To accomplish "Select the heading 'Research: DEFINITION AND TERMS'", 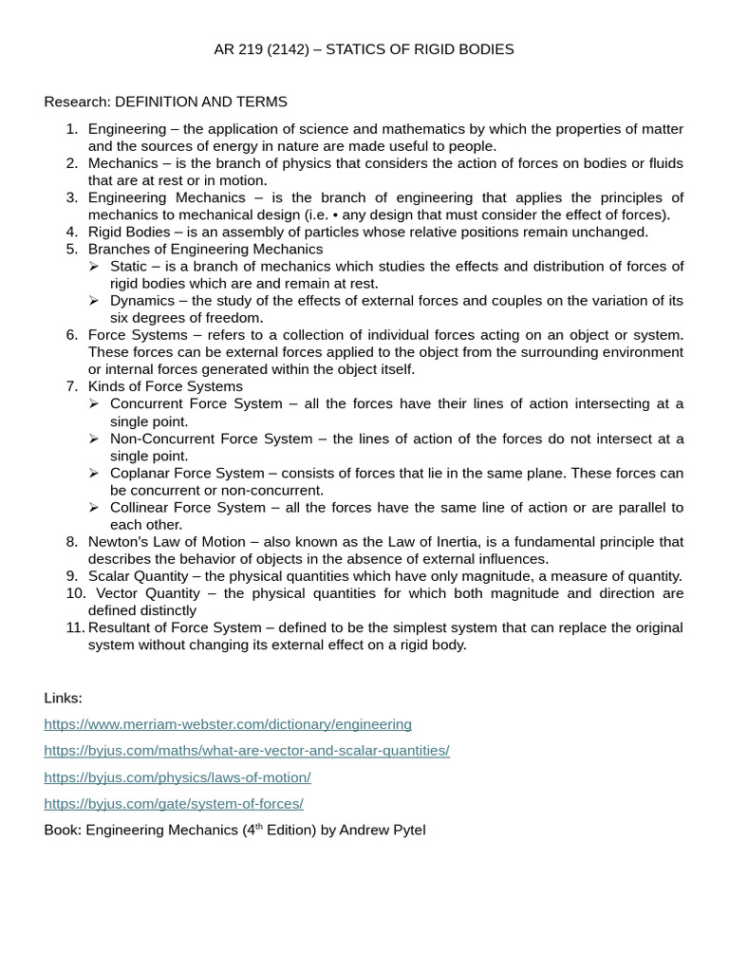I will point(165,102).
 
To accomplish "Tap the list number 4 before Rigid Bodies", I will point(72,232).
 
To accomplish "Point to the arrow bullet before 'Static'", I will point(94,266).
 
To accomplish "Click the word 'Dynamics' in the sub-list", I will point(142,301).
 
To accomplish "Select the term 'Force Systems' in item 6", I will point(134,335).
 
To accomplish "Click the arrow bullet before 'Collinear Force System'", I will point(94,508).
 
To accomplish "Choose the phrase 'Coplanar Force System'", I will point(187,473).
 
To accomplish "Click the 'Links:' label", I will point(63,698).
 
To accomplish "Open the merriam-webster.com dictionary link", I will point(228,724).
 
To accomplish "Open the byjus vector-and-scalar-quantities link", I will point(246,751).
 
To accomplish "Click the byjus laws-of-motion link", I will point(178,777).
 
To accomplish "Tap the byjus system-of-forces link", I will point(174,804).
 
